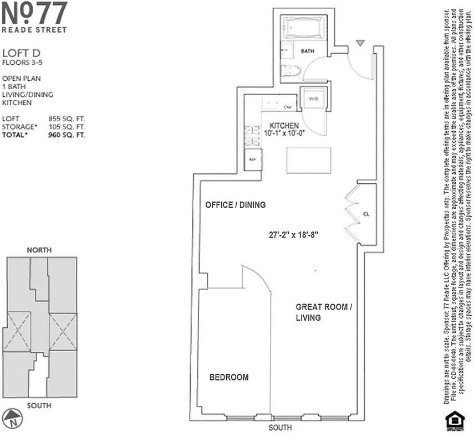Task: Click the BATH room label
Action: point(308,51)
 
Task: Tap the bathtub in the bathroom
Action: point(306,28)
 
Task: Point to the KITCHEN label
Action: point(284,126)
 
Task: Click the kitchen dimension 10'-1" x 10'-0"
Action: point(284,133)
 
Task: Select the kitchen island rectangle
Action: point(308,161)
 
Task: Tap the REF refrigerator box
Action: point(252,159)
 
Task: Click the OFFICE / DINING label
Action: point(235,205)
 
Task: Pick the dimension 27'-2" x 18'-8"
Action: point(293,234)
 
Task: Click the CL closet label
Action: point(366,213)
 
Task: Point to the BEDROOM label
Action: point(228,378)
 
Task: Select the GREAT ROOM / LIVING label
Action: point(324,312)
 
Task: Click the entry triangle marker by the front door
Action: point(361,43)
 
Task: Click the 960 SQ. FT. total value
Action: point(67,135)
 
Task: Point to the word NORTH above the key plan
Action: point(39,250)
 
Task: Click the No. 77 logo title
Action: point(34,13)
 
